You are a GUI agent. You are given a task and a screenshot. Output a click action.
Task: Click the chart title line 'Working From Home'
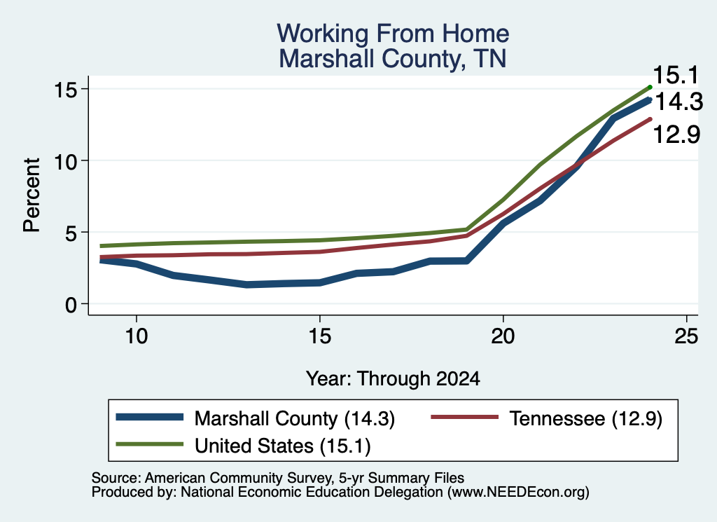tap(393, 34)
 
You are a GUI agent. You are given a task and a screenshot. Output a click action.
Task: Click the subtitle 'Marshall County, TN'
tap(393, 59)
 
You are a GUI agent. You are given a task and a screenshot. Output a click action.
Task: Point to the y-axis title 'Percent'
tap(32, 195)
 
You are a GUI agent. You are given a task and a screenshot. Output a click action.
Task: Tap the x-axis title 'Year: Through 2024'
tap(393, 379)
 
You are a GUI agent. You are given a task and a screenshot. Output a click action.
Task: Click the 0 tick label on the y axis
tap(71, 304)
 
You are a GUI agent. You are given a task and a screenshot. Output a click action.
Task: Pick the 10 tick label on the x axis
tap(137, 336)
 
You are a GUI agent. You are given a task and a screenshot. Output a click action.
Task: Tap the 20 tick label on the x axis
tap(503, 336)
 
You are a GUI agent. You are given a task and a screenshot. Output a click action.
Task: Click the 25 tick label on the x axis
tap(686, 336)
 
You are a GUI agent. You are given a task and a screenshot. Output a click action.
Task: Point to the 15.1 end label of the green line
tap(676, 75)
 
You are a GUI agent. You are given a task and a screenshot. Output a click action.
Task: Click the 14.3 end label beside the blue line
tap(678, 102)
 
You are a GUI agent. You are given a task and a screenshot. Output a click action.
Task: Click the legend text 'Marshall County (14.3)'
tap(295, 418)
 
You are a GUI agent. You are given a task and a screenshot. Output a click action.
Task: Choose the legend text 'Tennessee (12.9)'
tap(586, 418)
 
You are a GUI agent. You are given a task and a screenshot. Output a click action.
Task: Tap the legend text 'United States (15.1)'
tap(283, 446)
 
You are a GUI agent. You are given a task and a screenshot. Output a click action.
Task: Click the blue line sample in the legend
tap(150, 417)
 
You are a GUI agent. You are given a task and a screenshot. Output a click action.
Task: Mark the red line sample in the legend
tap(465, 417)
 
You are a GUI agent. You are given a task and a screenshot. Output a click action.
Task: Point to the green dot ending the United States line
tap(650, 87)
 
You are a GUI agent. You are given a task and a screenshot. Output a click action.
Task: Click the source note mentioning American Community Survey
tap(278, 478)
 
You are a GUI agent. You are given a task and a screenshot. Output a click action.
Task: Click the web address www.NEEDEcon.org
tap(518, 493)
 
